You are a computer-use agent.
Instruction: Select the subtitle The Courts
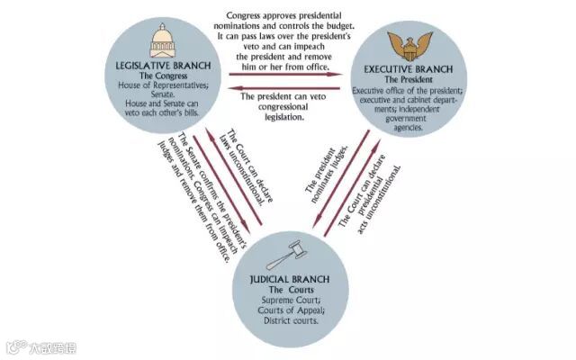coord(291,291)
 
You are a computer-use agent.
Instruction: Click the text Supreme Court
coord(291,301)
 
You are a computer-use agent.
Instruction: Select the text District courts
coord(291,320)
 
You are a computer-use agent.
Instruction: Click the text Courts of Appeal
coord(291,310)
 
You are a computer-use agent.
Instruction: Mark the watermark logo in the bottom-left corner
coord(14,346)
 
